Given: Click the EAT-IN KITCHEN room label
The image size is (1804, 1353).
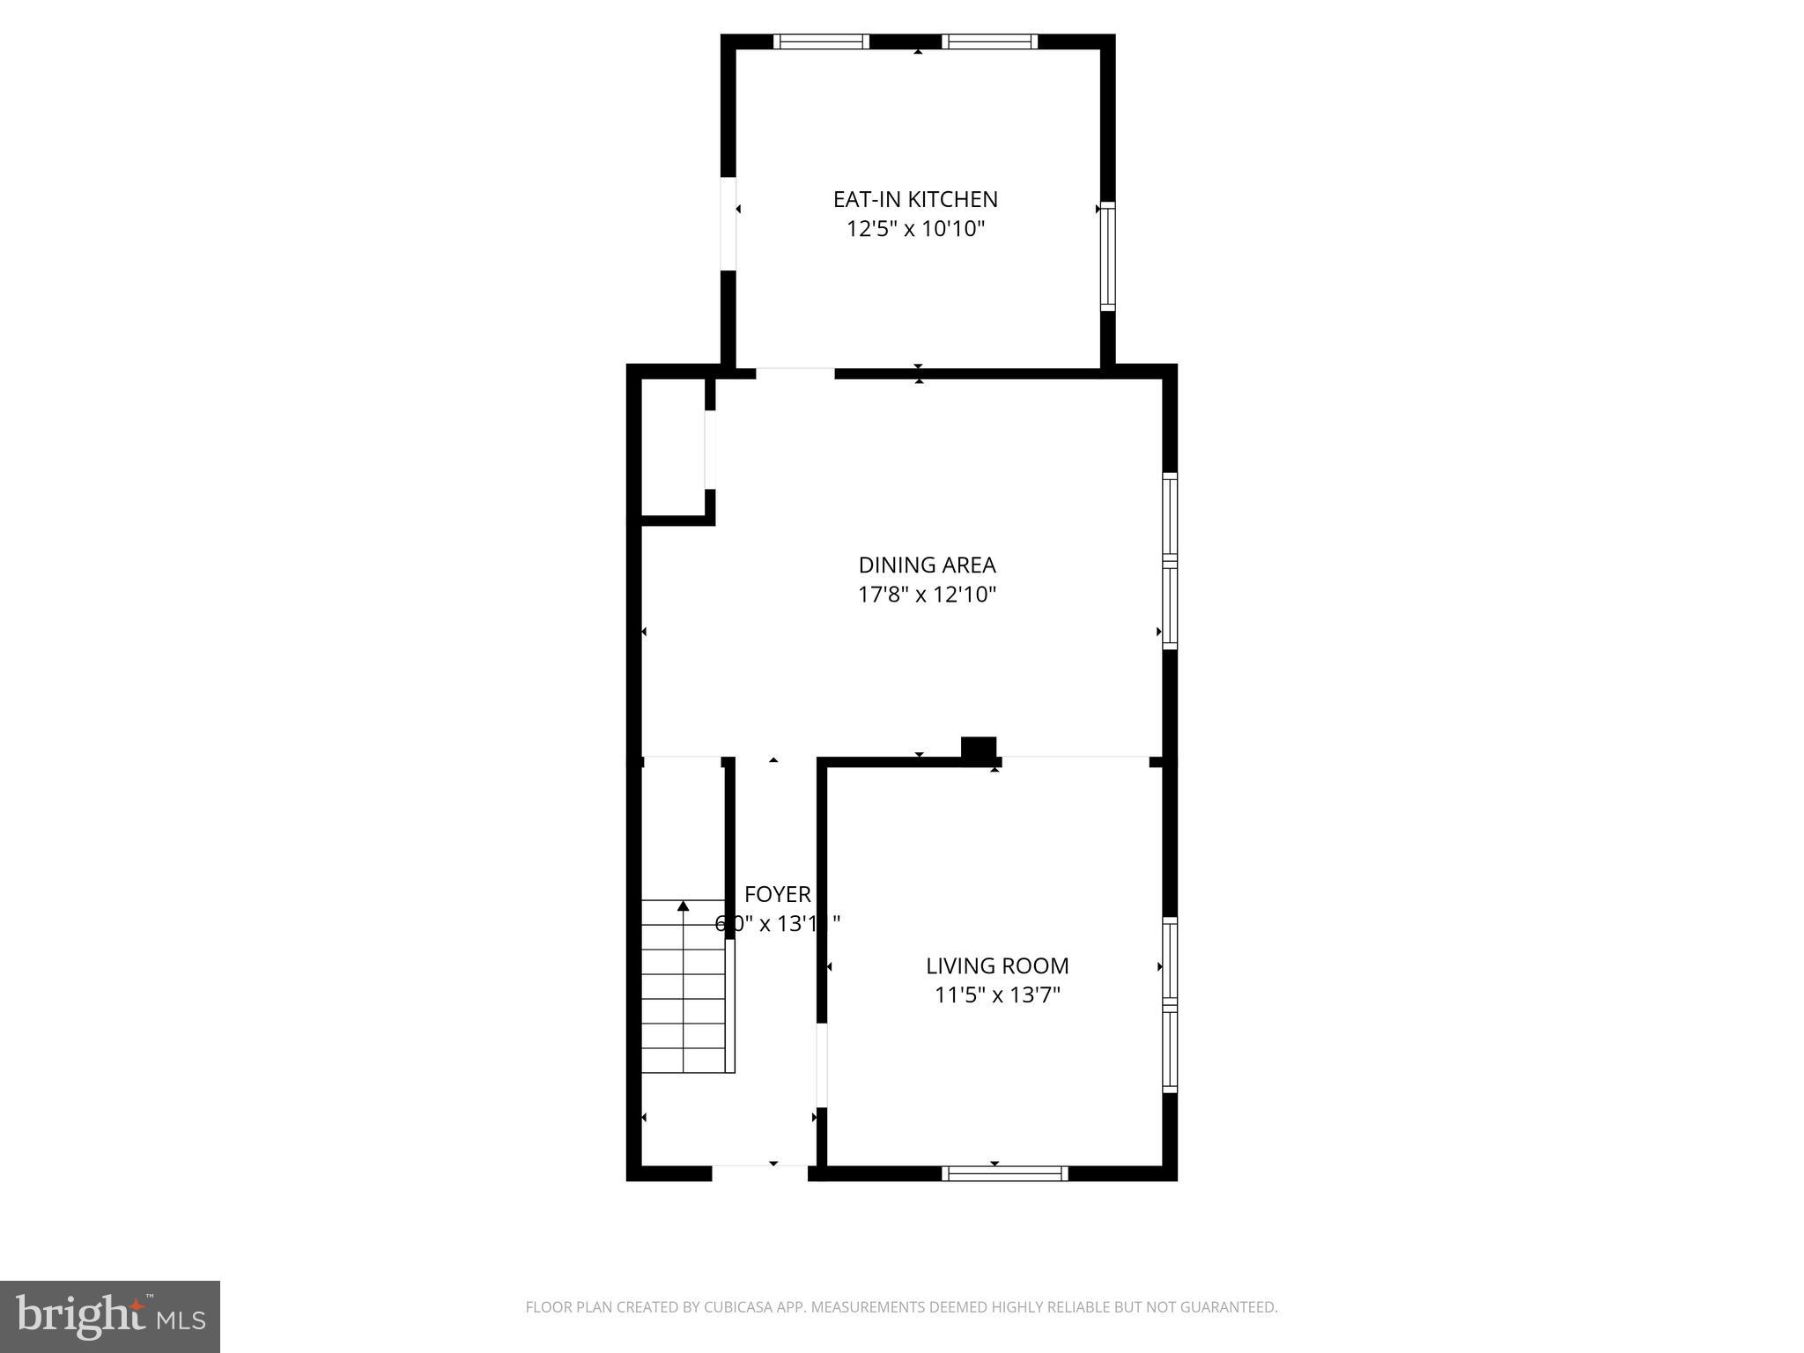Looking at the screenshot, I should click(915, 199).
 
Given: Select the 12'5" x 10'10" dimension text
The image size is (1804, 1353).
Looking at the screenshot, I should click(915, 229).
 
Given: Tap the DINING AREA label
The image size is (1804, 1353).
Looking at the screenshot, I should click(927, 565).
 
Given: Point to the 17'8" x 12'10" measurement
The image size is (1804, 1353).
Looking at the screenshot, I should click(927, 595).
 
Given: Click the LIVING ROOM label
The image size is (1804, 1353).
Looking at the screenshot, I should click(997, 965).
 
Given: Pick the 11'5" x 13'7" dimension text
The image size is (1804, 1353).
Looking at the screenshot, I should click(997, 995).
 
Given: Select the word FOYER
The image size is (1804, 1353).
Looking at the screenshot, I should click(777, 894).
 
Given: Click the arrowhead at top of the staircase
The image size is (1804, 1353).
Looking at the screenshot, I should click(683, 906).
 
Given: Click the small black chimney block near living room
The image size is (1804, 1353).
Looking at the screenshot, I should click(978, 748).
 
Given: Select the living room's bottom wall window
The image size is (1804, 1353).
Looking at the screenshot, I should click(1004, 1173).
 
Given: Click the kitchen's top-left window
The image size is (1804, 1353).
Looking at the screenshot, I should click(821, 41).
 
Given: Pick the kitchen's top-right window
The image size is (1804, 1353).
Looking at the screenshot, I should click(989, 41).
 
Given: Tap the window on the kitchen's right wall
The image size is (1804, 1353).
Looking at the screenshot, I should click(1108, 256).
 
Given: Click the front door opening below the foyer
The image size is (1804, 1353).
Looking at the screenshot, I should click(759, 1172).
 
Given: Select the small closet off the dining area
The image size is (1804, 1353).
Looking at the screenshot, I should click(672, 447).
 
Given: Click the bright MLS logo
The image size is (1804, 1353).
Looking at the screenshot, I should click(109, 1317).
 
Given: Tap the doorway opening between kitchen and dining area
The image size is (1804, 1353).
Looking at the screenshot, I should click(795, 373).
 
